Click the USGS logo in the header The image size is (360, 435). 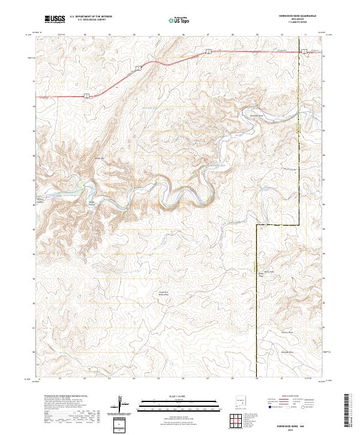click(x=55, y=20)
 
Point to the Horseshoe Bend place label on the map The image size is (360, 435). click(x=257, y=115)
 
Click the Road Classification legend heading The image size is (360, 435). click(x=283, y=397)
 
